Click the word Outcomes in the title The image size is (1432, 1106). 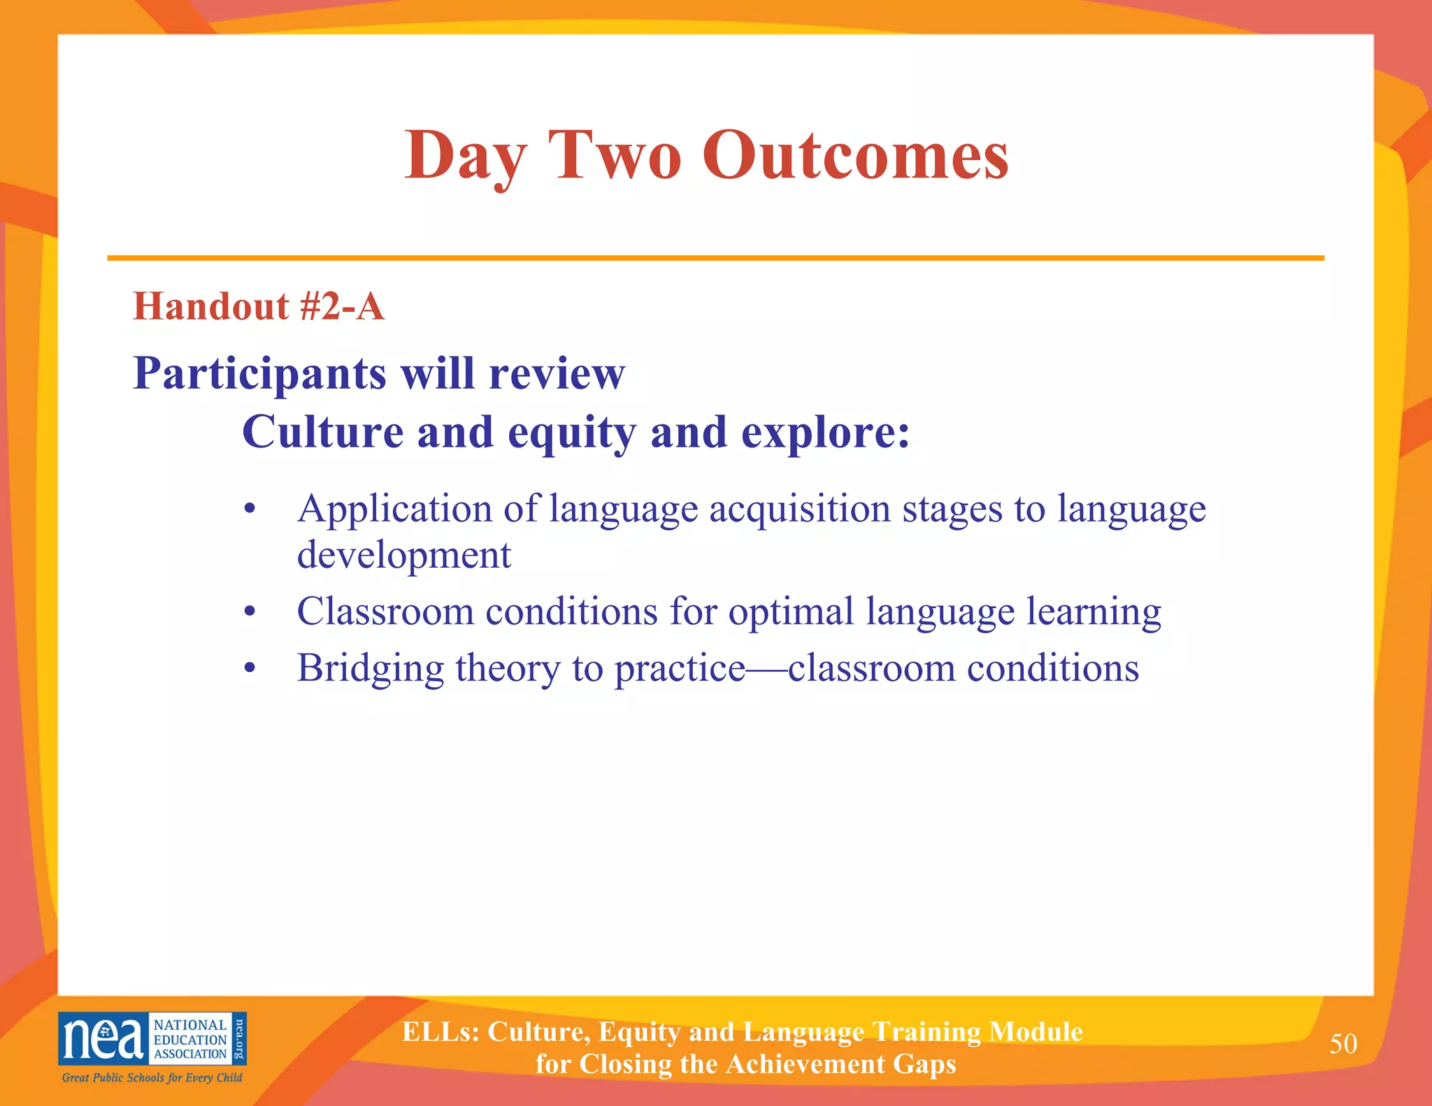point(855,155)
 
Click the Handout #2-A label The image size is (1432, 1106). point(259,306)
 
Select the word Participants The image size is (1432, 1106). point(259,374)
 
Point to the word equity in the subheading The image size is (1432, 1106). point(571,433)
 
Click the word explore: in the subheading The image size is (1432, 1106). point(825,433)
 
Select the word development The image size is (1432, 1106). point(403,555)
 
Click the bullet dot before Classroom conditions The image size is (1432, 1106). point(250,613)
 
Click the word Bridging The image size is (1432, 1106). point(370,668)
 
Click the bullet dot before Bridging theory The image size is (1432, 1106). point(250,670)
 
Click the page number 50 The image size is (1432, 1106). point(1343,1044)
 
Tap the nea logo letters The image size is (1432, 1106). point(103,1039)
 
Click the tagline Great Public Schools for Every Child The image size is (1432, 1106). point(152,1077)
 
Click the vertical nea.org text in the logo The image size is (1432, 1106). point(239,1038)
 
